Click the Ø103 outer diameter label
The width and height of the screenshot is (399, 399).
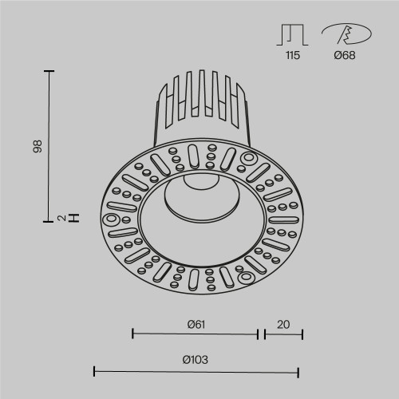click(196, 360)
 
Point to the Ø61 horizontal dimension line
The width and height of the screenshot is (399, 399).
click(195, 334)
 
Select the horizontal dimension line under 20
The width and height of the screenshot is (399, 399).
click(284, 334)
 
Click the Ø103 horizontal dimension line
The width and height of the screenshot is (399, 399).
click(196, 371)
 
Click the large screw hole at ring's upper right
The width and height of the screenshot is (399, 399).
click(247, 156)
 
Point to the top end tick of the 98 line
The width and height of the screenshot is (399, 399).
click(51, 72)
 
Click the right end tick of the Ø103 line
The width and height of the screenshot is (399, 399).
click(298, 371)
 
